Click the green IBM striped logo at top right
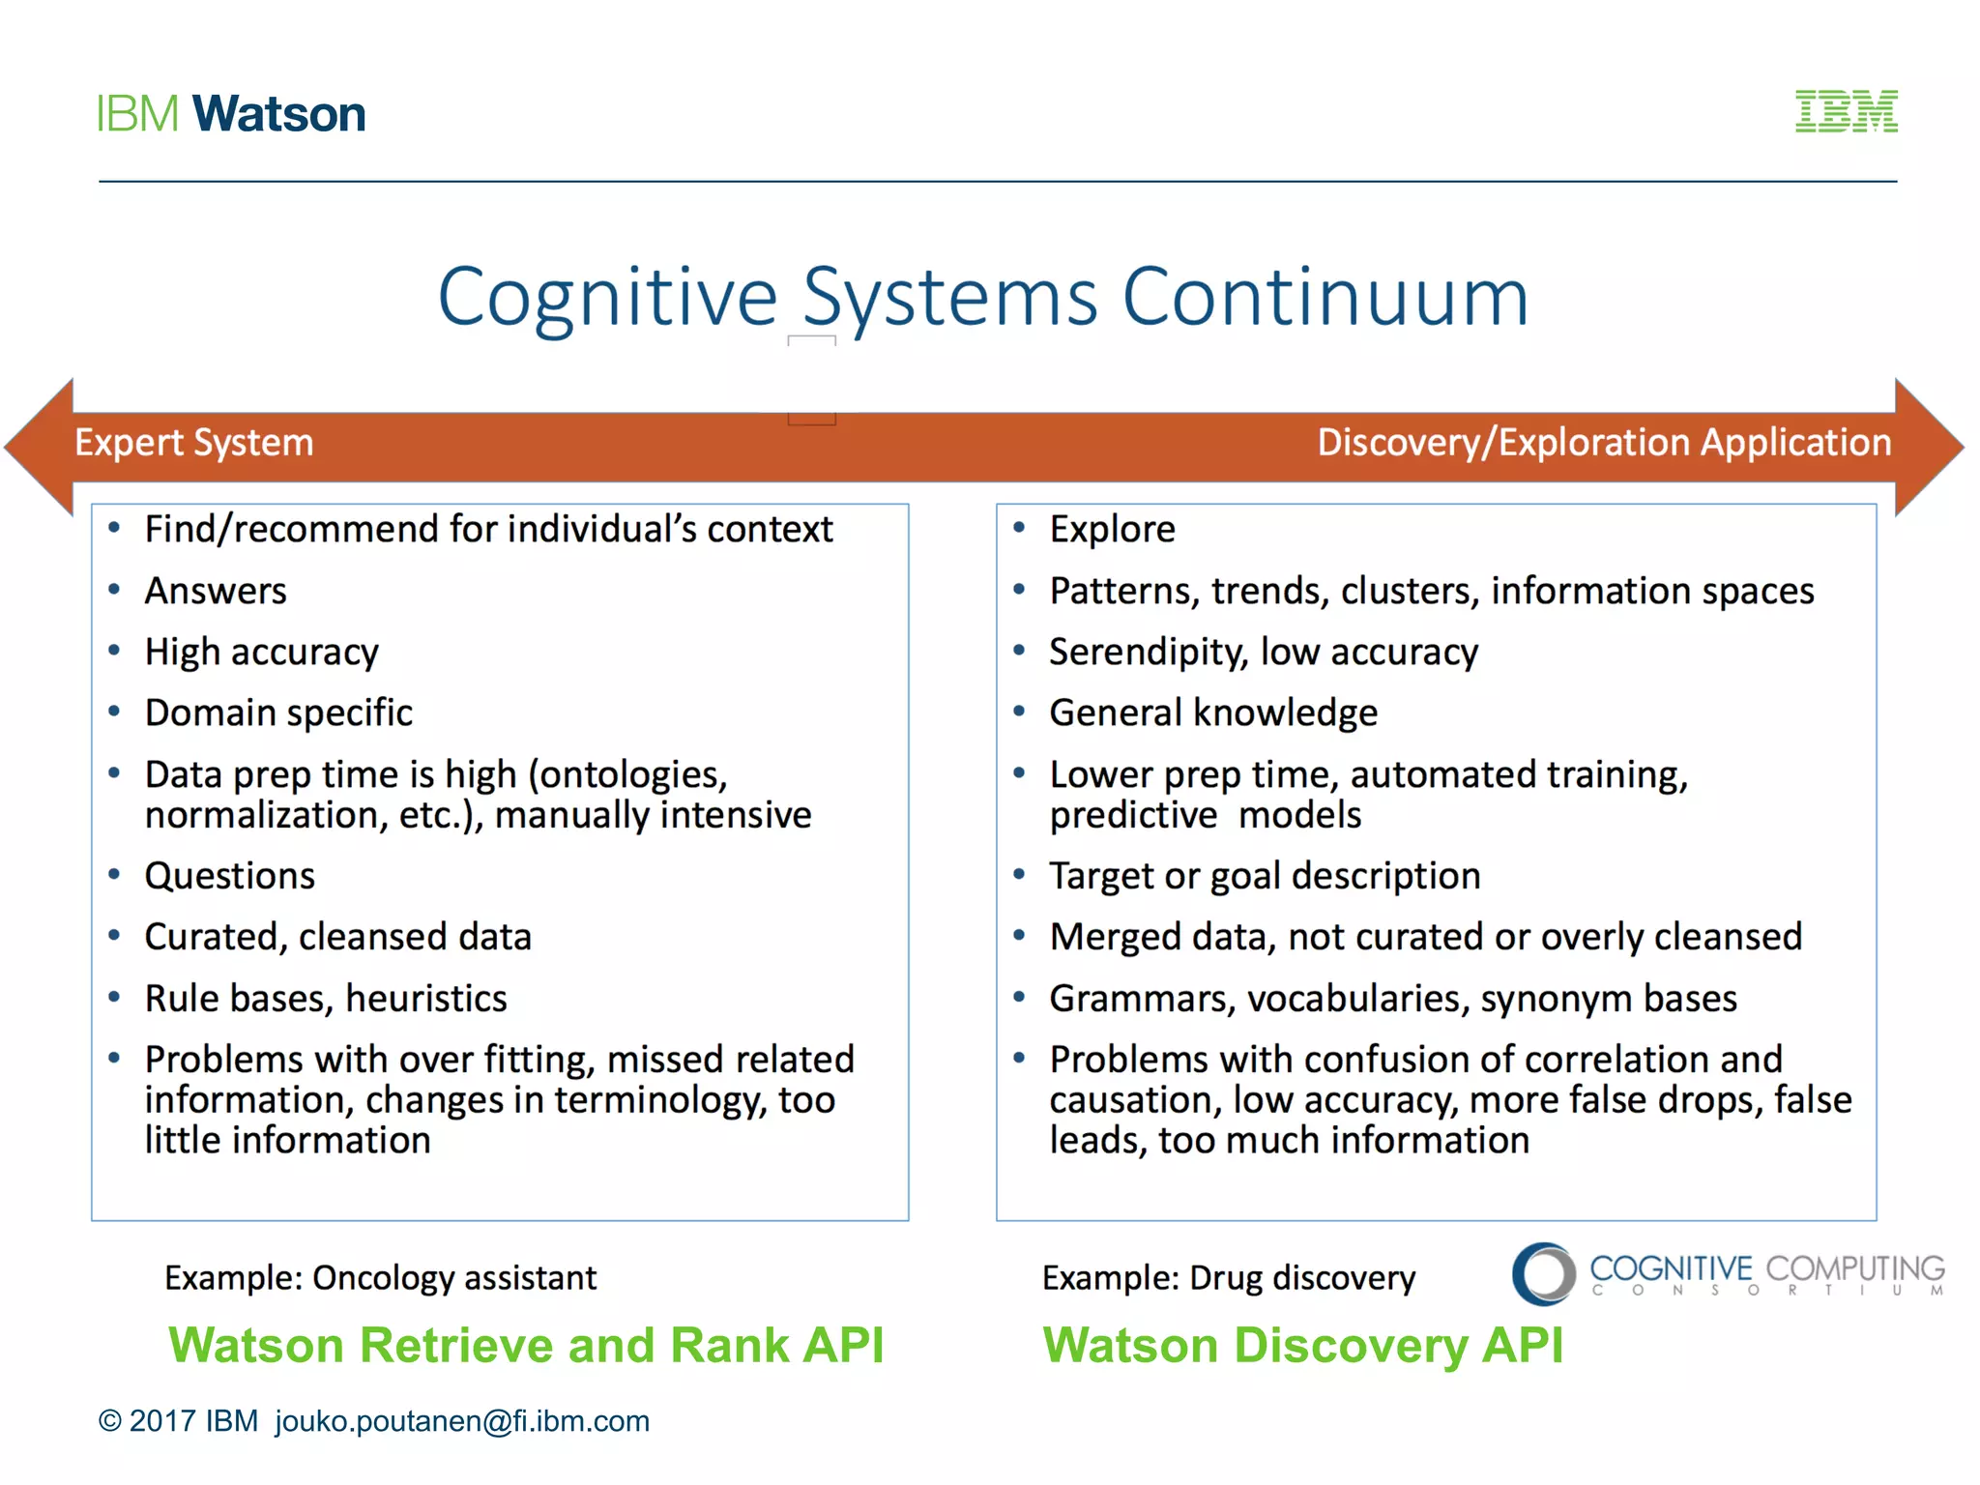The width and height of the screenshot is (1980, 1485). pos(1846,111)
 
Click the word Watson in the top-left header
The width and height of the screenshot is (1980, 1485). pos(278,114)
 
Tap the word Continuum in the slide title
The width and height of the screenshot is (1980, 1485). pos(1325,297)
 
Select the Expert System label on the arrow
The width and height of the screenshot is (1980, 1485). pos(194,443)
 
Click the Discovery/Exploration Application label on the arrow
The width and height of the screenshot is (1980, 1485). pos(1604,443)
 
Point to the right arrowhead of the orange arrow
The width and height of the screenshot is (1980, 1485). pos(1928,447)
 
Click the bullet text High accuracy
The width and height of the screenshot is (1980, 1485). pos(261,653)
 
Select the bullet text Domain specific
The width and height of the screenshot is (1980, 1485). pos(278,713)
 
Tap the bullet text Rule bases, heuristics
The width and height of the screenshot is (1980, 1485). pos(326,999)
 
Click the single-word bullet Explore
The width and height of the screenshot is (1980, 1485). pos(1112,530)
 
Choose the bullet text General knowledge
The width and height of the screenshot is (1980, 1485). pos(1213,713)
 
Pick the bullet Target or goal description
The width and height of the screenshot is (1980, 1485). pos(1265,876)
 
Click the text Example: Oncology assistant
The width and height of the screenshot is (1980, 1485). pos(380,1278)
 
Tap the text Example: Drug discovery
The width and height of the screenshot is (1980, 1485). pos(1228,1278)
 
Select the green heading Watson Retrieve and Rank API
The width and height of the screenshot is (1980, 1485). pos(526,1345)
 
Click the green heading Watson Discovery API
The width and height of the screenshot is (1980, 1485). pos(1302,1345)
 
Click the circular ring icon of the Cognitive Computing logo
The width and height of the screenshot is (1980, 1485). pos(1544,1274)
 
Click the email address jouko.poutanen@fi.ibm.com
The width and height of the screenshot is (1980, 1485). pos(462,1421)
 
